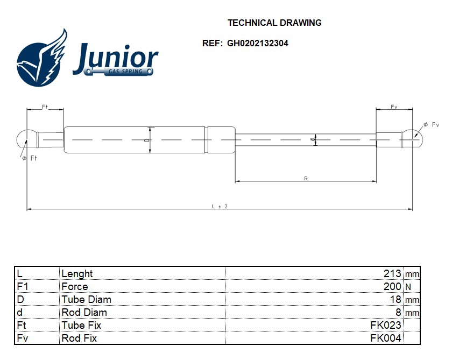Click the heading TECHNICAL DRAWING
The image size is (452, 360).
coord(274,23)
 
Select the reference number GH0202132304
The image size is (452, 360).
coord(257,44)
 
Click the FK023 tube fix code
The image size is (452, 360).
coord(385,325)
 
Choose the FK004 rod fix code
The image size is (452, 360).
coord(385,338)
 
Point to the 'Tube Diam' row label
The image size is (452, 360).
coord(86,299)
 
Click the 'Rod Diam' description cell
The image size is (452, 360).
coord(84,312)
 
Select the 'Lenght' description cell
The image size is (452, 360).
coord(77,273)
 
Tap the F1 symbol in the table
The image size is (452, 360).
coord(22,286)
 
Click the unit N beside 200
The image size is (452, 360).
coord(408,287)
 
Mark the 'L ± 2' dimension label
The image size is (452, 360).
coord(220,206)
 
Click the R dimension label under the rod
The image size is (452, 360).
coord(306,179)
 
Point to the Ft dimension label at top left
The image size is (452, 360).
coord(45,107)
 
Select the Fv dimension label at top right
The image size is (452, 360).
coord(394,107)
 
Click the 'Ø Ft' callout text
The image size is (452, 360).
coord(29,158)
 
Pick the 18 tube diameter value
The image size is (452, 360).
coord(395,299)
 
